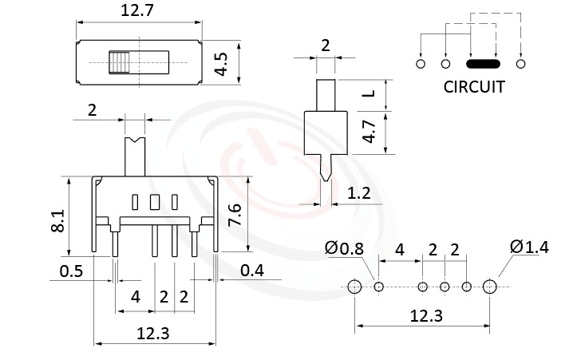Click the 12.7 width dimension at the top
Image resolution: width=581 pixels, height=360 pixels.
(x=139, y=12)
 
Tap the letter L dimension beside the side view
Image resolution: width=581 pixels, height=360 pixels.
(x=368, y=94)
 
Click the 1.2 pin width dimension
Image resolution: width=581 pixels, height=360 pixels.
(x=358, y=193)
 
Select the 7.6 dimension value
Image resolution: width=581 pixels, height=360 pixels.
(x=234, y=215)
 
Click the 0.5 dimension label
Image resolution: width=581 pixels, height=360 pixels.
(x=73, y=271)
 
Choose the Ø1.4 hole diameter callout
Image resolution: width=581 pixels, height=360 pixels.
(x=528, y=247)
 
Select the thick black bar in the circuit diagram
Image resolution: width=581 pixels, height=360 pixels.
(x=483, y=63)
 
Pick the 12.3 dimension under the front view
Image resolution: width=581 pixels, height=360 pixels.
(x=153, y=334)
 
